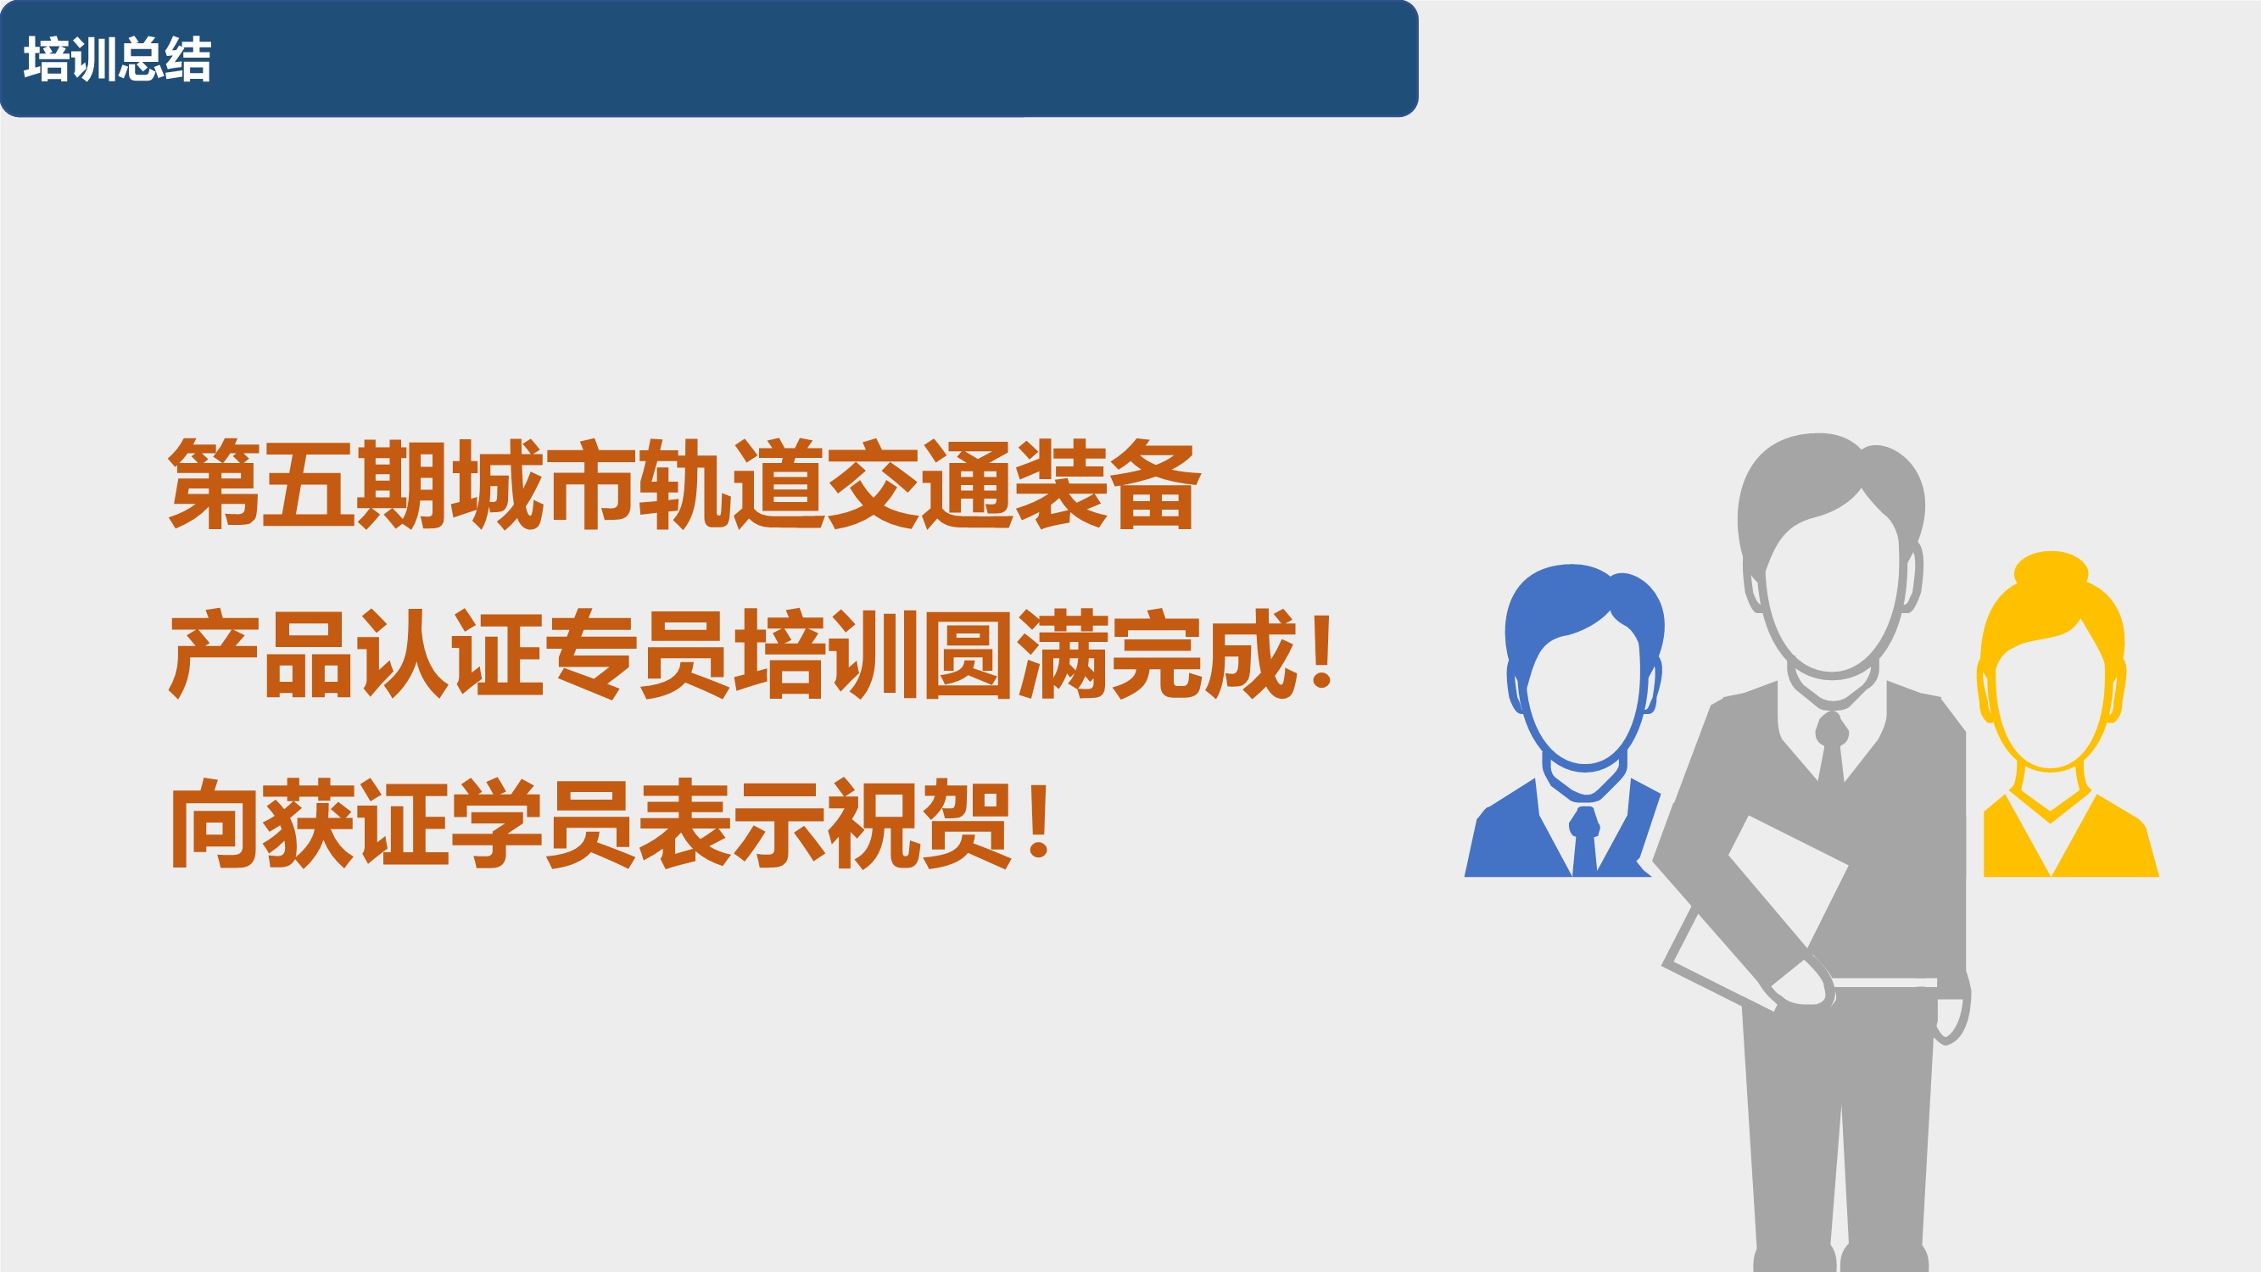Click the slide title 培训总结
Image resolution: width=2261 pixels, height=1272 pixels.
[118, 59]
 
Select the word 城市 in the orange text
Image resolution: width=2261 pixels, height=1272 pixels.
[543, 484]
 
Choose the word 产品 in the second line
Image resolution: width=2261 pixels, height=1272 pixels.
[261, 654]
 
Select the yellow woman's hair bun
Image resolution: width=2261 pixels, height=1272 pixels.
[2051, 569]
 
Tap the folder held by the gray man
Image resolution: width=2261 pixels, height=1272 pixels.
[1756, 913]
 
